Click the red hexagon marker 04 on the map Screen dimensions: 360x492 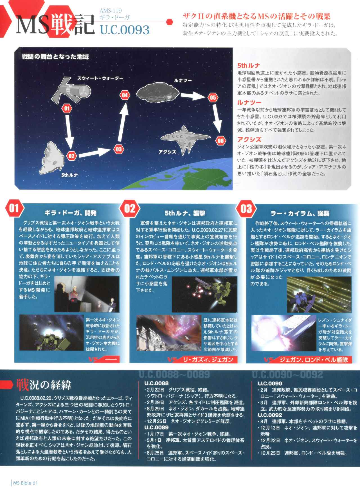[x=125, y=95]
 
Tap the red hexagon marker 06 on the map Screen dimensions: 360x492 [x=220, y=141]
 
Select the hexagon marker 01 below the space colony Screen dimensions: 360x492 [x=66, y=108]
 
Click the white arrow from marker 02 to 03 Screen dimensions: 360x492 [x=95, y=152]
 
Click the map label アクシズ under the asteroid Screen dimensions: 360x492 [x=167, y=152]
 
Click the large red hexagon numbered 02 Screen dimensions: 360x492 [x=130, y=209]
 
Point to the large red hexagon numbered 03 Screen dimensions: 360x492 [x=246, y=209]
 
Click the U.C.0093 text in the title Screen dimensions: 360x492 [x=124, y=29]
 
